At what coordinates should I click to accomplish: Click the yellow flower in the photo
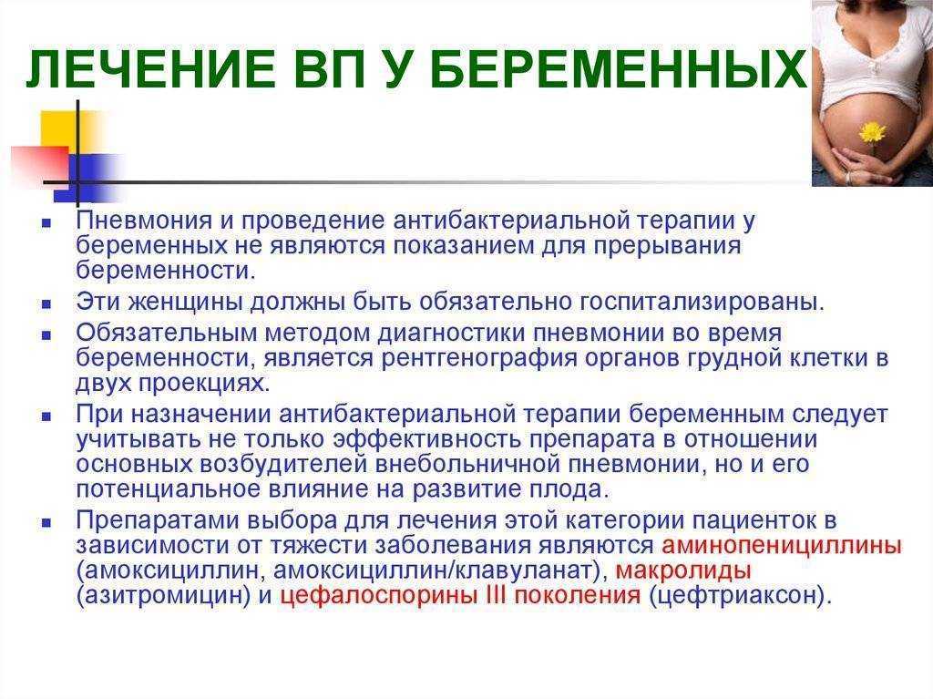coord(872,132)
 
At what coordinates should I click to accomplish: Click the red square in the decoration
coord(39,163)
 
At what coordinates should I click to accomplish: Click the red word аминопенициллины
coord(781,545)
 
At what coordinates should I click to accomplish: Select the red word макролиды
coord(683,571)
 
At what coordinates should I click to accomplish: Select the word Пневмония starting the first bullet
coord(144,221)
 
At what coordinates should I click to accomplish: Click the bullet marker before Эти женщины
coord(46,304)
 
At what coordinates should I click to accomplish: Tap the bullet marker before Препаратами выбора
coord(46,523)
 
